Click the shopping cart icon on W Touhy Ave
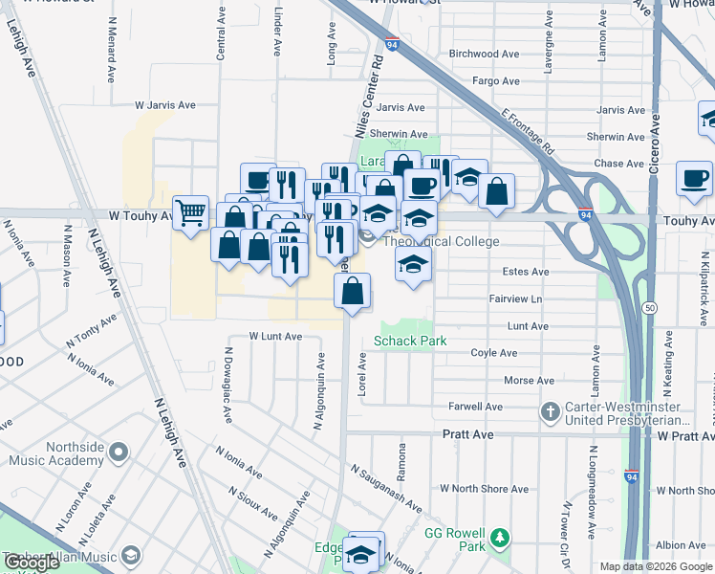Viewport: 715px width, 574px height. (x=191, y=212)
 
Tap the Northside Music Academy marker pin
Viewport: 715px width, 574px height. (x=119, y=450)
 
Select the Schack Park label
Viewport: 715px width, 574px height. (x=410, y=341)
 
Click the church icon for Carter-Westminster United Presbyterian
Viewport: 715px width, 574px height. (x=550, y=412)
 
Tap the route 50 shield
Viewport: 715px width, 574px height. (x=649, y=307)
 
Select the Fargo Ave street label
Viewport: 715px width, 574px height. (x=496, y=81)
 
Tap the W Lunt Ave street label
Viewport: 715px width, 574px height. (x=275, y=337)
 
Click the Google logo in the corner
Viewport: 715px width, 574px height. (x=32, y=563)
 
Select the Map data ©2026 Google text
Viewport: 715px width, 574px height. (x=655, y=566)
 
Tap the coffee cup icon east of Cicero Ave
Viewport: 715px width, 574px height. (x=694, y=177)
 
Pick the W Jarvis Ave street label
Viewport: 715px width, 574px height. (x=164, y=105)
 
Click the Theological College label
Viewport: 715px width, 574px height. (x=441, y=242)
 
